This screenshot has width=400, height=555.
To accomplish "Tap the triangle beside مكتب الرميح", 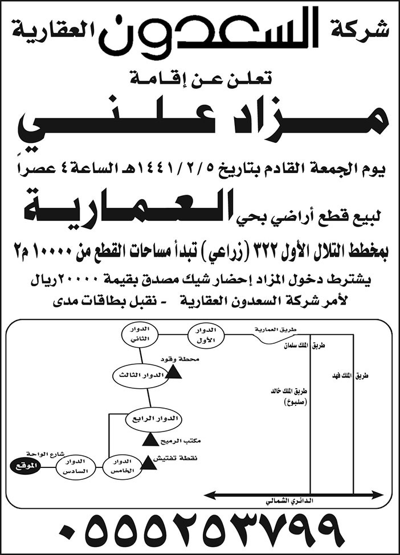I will (150, 439).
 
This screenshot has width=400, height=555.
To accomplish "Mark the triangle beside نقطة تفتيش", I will (148, 463).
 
